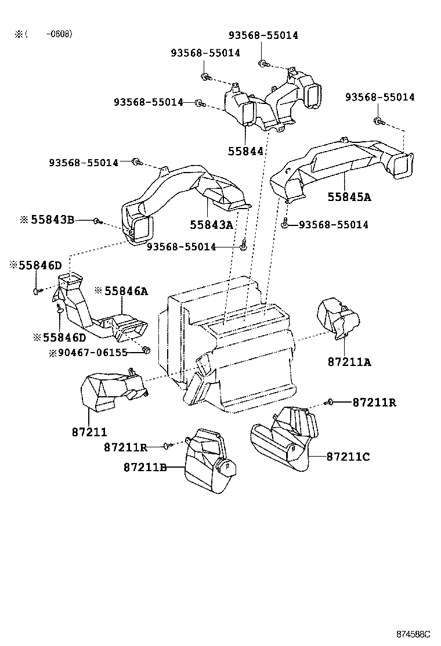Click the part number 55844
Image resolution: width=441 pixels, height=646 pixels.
(245, 151)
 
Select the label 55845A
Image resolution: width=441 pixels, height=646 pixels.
(349, 197)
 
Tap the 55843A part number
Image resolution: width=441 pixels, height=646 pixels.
(211, 224)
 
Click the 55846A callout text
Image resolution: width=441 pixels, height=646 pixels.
(125, 291)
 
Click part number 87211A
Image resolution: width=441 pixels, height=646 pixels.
(349, 362)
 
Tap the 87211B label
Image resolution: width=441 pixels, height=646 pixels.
(145, 466)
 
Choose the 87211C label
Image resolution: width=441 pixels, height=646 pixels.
(348, 457)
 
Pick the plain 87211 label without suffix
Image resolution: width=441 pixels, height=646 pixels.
(89, 432)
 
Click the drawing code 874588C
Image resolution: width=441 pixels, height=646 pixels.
(414, 633)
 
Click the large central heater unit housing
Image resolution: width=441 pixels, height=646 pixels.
(232, 349)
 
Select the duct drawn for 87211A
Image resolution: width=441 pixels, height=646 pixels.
(337, 318)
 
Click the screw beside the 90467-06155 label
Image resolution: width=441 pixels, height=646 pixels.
(146, 350)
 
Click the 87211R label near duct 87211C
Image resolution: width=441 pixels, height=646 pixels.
(374, 402)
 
